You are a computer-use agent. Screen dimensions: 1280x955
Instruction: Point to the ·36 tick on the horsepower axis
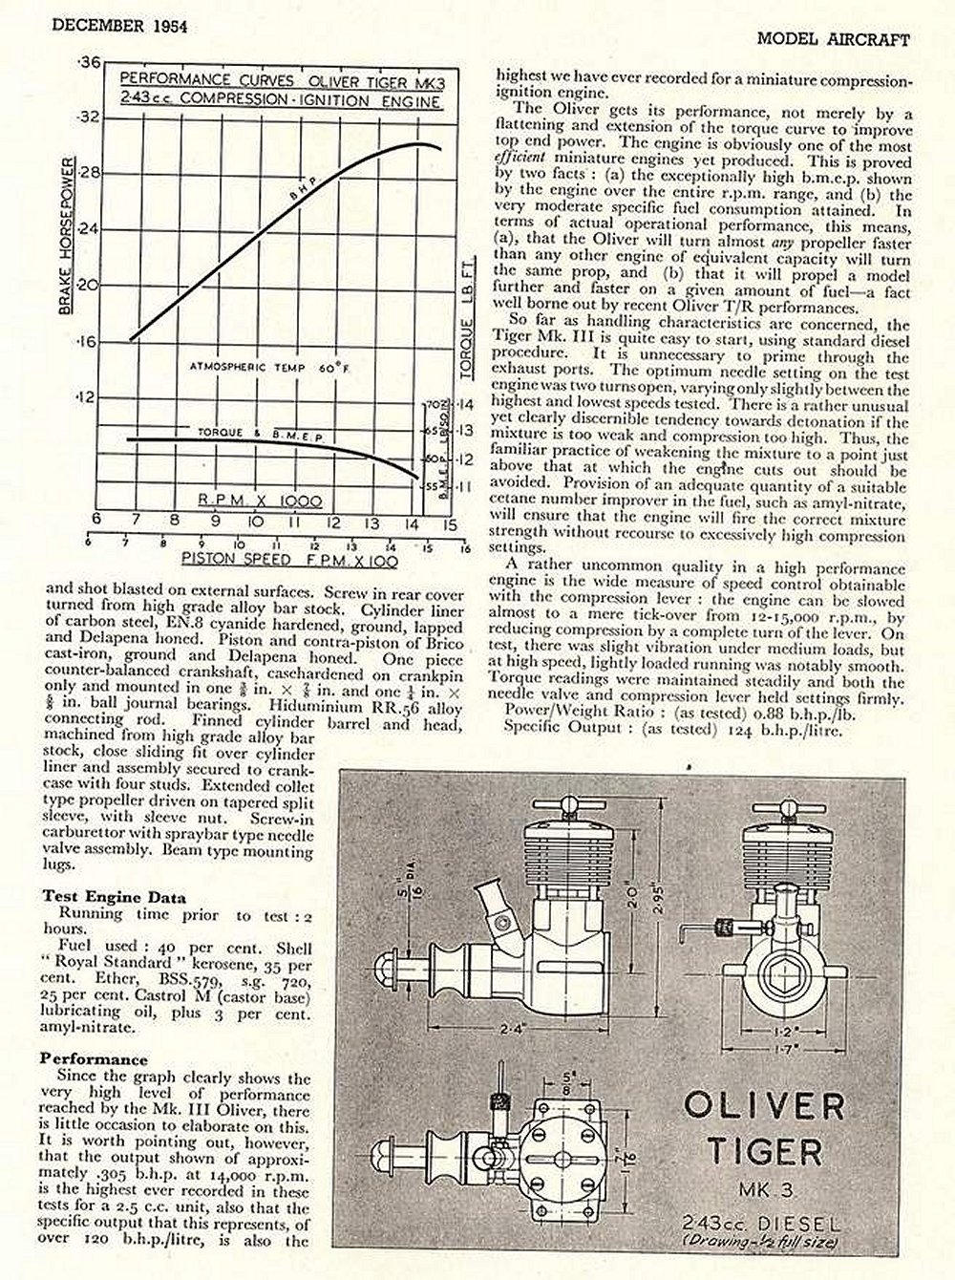click(x=90, y=62)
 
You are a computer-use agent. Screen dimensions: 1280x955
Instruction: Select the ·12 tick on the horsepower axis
click(x=89, y=395)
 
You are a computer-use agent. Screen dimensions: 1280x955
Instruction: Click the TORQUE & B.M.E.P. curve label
click(x=260, y=435)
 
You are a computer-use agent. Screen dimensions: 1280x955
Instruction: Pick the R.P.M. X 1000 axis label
click(x=259, y=501)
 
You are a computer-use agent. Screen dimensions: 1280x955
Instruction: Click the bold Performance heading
click(x=94, y=1059)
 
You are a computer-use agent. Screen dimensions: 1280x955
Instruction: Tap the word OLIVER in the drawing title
click(x=763, y=1106)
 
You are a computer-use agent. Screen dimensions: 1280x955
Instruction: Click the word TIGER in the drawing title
click(x=764, y=1151)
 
